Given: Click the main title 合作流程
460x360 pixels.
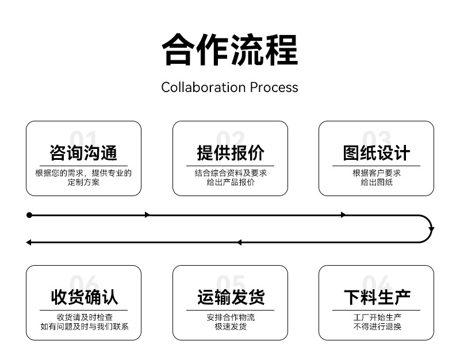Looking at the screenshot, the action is [230, 49].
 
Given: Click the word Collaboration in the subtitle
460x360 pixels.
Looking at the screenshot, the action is [204, 87].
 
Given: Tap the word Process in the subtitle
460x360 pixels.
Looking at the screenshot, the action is [274, 87].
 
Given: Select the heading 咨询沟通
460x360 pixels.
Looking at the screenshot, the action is [83, 153].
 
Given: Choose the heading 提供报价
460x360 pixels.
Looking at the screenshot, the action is [231, 153].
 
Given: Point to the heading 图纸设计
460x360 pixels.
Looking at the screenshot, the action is [377, 153].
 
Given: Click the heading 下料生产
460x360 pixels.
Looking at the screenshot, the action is [377, 297].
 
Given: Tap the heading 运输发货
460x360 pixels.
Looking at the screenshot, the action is [231, 297].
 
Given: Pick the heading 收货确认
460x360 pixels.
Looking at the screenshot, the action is [84, 297].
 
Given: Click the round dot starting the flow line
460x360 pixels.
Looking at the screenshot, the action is [29, 215].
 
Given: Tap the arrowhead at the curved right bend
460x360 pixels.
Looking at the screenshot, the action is [431, 229].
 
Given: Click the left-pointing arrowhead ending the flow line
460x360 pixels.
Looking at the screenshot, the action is [28, 242].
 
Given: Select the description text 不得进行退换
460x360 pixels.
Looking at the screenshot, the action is [377, 327].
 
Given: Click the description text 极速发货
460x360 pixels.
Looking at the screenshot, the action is [231, 327].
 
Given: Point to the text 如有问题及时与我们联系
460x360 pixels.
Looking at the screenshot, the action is [85, 327].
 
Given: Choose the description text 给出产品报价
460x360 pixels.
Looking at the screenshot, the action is [231, 182].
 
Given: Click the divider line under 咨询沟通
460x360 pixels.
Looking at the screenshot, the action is [83, 166].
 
